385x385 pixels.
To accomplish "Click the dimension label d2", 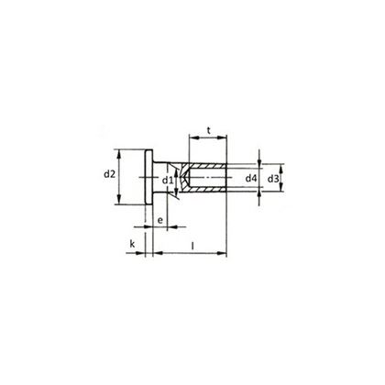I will (x=108, y=174).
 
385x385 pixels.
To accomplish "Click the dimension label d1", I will (x=168, y=181).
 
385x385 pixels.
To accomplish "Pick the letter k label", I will (x=133, y=244).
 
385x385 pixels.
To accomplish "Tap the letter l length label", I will (x=192, y=245).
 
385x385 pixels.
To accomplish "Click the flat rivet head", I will (x=148, y=176).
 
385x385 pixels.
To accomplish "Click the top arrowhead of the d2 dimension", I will (x=120, y=150).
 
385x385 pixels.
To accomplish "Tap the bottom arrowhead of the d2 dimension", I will (x=120, y=203).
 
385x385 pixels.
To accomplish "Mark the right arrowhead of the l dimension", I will (x=225, y=253).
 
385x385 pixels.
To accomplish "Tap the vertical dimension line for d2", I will (x=120, y=188).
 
